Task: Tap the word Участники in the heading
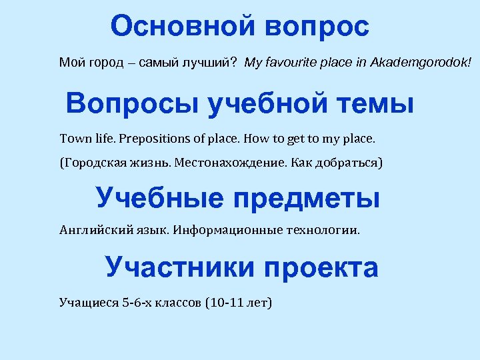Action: tap(180, 267)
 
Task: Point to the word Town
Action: tap(73, 139)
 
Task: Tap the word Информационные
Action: tap(221, 231)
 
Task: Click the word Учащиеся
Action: tap(89, 302)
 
